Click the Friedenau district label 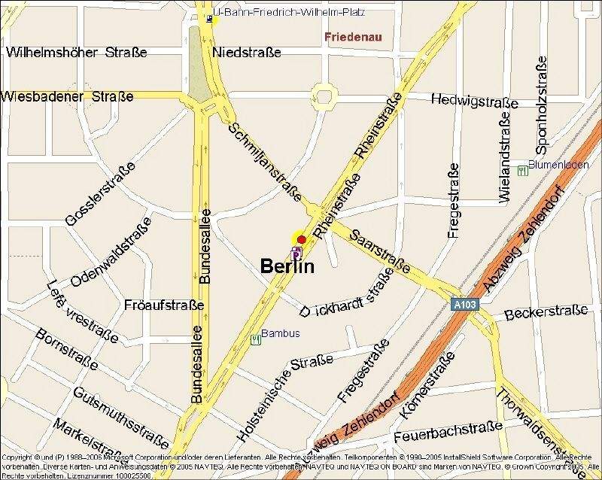coord(354,36)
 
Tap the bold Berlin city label coord(287,266)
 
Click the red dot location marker coord(302,239)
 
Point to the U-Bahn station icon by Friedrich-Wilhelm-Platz coord(209,19)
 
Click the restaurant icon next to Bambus coord(255,339)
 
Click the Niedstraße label coord(247,53)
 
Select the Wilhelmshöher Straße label coord(76,53)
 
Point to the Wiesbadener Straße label coord(68,97)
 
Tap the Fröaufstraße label coord(164,305)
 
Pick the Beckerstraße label coord(546,311)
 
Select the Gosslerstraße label coord(101,193)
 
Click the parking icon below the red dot coord(296,253)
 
